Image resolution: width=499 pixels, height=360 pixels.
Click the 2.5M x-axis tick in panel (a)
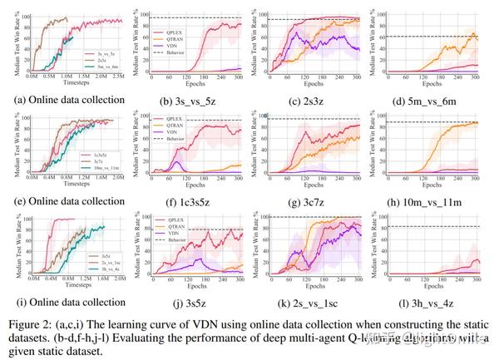click(121, 79)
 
